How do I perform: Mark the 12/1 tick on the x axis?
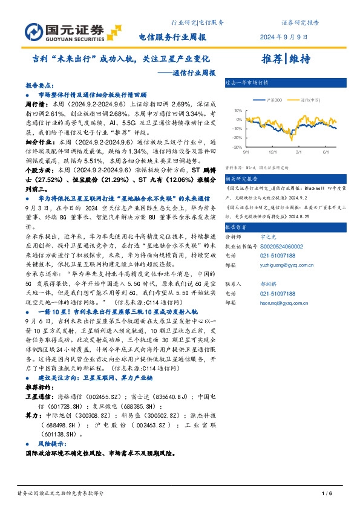coord(273,152)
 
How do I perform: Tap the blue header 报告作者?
coord(237,227)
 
